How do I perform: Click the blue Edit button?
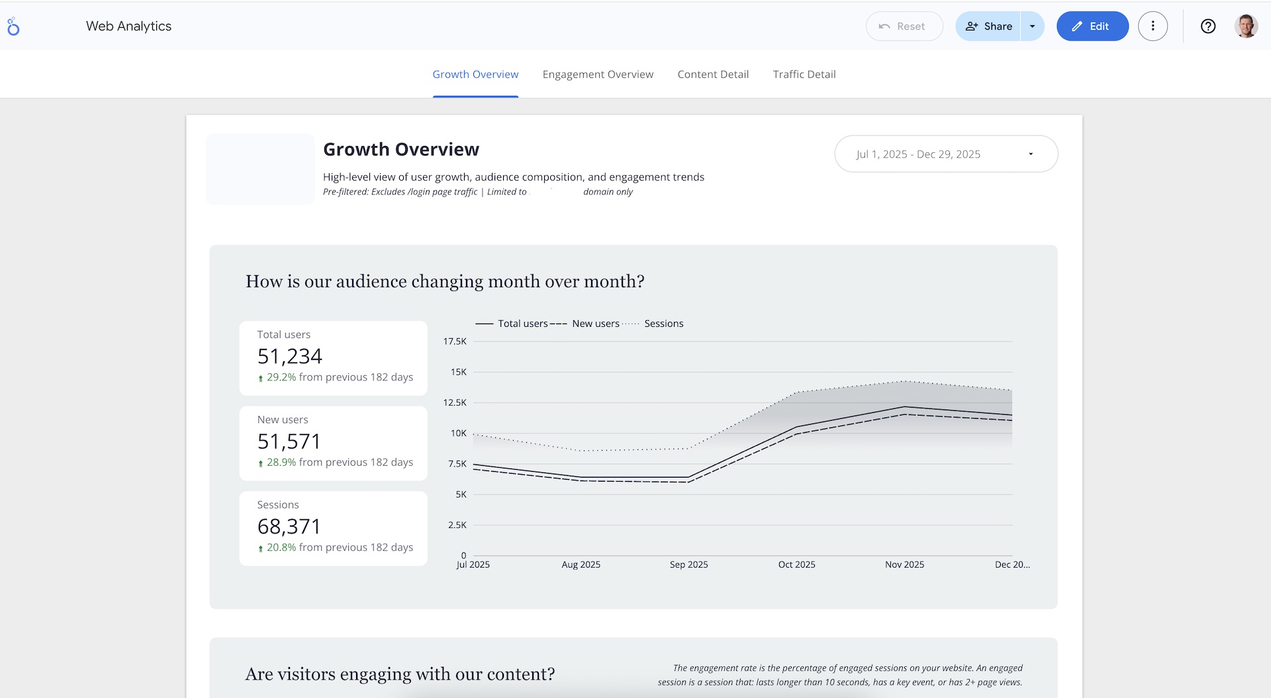click(1092, 26)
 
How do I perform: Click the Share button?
click(988, 26)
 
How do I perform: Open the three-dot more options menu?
click(1153, 26)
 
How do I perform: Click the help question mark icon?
click(1207, 26)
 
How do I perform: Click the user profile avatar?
click(1246, 26)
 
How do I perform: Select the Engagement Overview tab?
click(598, 74)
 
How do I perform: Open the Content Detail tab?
click(713, 74)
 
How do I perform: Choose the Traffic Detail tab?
click(804, 74)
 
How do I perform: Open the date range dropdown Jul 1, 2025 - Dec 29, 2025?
click(945, 154)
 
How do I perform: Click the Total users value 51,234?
click(289, 357)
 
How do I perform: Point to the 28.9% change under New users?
click(281, 462)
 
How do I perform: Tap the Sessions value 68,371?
click(289, 527)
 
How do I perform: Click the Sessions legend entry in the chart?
click(663, 324)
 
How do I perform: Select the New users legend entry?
click(595, 324)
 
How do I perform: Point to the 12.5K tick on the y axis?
click(455, 402)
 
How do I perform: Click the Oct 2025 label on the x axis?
click(796, 564)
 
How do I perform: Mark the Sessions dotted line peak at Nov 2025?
click(904, 381)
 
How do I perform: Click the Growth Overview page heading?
click(400, 150)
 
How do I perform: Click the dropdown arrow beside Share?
click(1032, 26)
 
